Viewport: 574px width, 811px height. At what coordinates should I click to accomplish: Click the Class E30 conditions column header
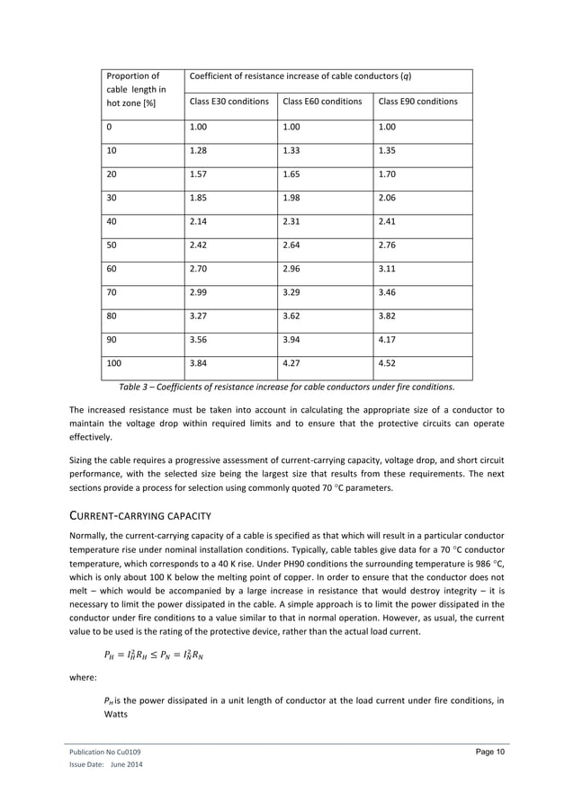[229, 102]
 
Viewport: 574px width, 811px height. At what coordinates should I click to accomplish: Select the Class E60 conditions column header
[321, 102]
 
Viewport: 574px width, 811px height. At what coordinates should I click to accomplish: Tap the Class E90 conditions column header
[418, 102]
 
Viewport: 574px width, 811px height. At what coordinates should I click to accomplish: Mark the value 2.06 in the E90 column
[390, 193]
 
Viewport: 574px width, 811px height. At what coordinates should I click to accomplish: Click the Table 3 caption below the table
[286, 388]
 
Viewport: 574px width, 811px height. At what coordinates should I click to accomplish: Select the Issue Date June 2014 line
[105, 765]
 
